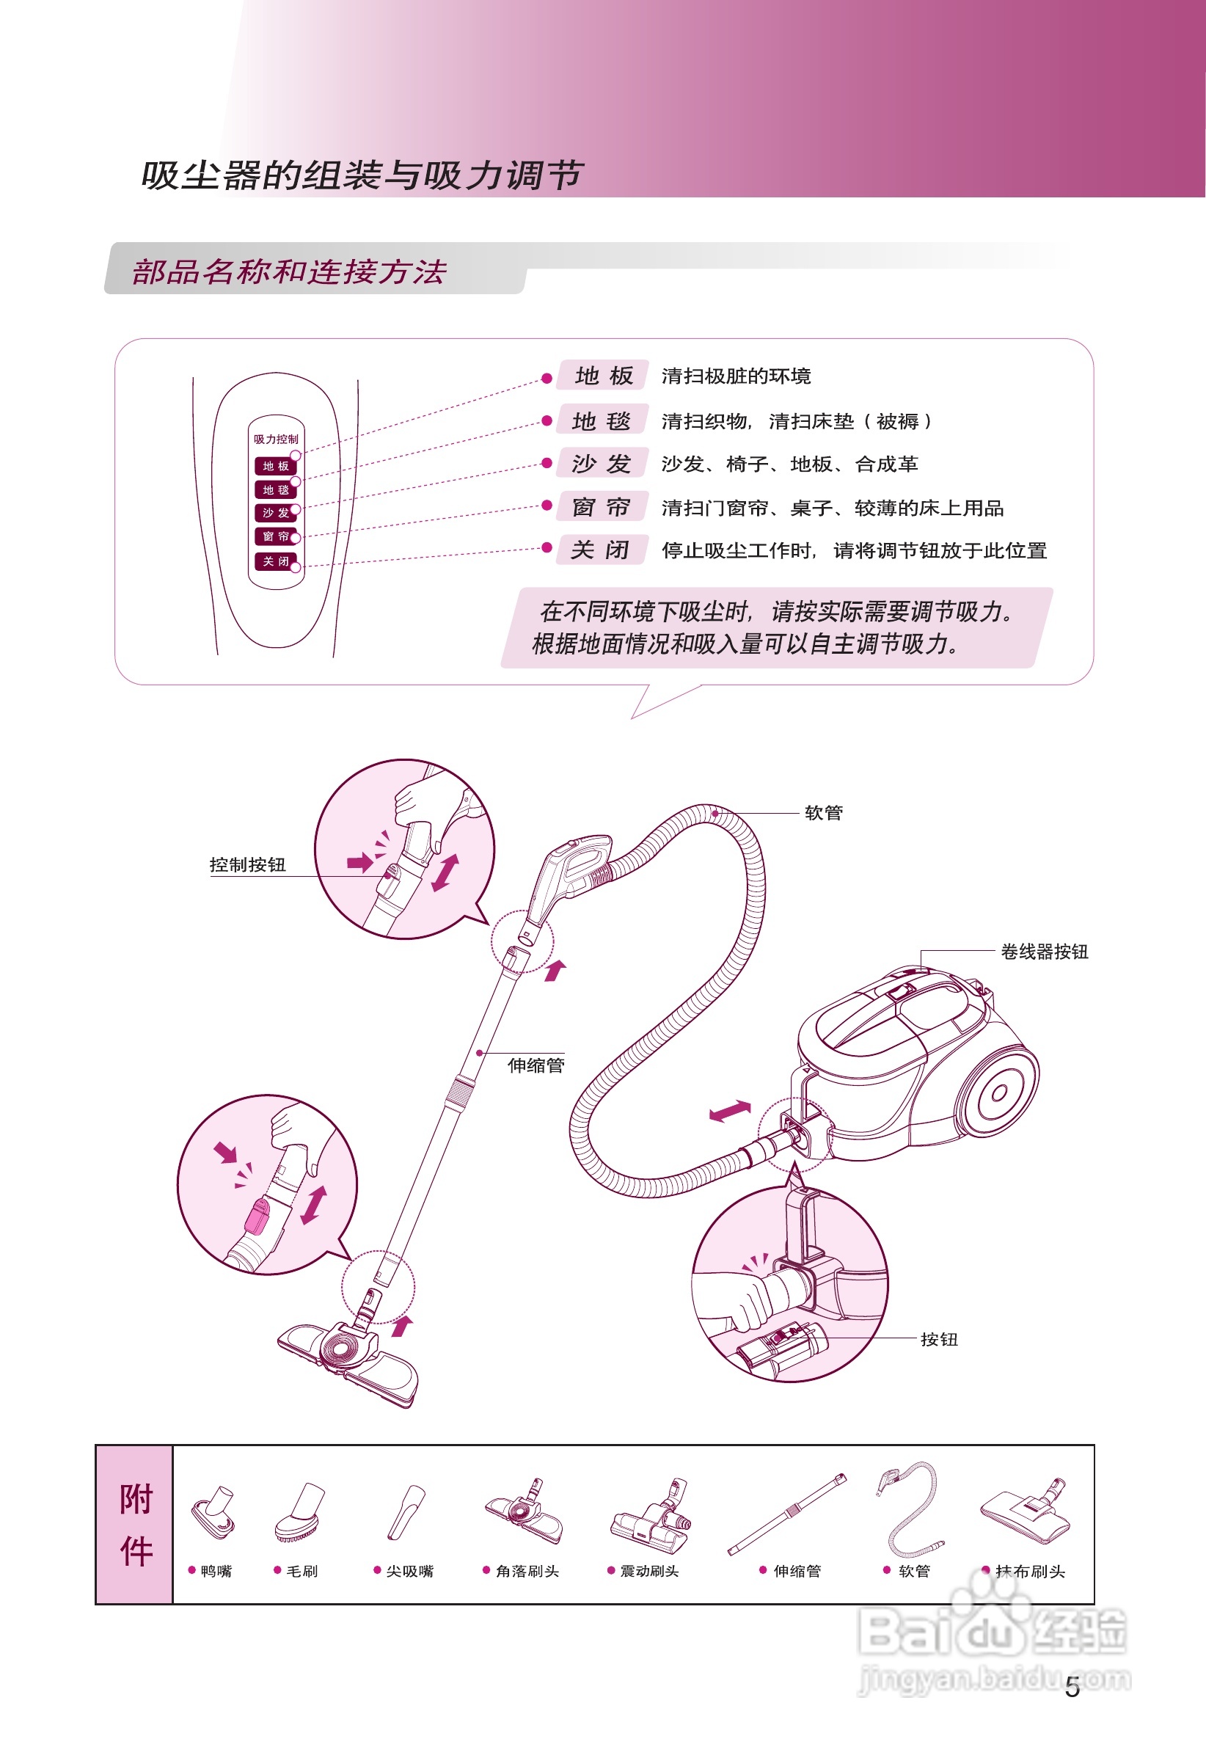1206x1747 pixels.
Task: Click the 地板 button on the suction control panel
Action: pyautogui.click(x=275, y=466)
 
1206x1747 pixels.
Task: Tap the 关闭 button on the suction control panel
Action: pyautogui.click(x=275, y=561)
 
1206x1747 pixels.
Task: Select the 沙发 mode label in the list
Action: pyautogui.click(x=602, y=464)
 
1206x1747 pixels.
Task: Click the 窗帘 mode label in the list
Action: pyautogui.click(x=602, y=507)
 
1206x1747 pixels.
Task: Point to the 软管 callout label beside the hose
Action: pyautogui.click(x=824, y=813)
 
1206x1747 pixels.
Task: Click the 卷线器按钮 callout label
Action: pyautogui.click(x=1045, y=952)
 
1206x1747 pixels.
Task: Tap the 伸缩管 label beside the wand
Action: pyautogui.click(x=536, y=1065)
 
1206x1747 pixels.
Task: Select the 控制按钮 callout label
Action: pyautogui.click(x=247, y=865)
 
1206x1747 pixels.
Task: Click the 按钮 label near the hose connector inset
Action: pyautogui.click(x=939, y=1340)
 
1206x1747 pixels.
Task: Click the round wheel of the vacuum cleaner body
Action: pyautogui.click(x=999, y=1093)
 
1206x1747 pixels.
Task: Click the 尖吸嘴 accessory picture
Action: pyautogui.click(x=406, y=1512)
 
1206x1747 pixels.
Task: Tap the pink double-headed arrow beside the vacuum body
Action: pyautogui.click(x=730, y=1110)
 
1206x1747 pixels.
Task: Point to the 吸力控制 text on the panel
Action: pyautogui.click(x=276, y=439)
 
